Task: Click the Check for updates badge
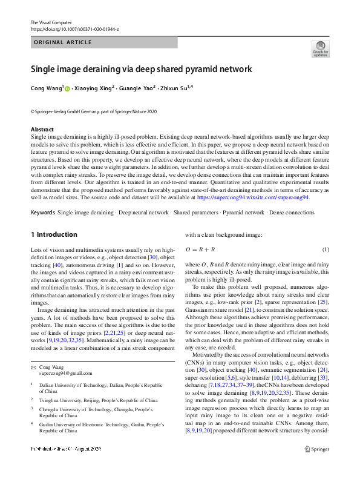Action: [320, 48]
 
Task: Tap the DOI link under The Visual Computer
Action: [74, 29]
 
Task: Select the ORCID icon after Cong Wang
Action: [67, 88]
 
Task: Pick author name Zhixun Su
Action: [172, 88]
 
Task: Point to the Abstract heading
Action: [42, 130]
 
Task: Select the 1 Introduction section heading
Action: [54, 234]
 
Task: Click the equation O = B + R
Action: [200, 249]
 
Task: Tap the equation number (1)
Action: [325, 249]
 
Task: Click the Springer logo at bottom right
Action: [316, 449]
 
